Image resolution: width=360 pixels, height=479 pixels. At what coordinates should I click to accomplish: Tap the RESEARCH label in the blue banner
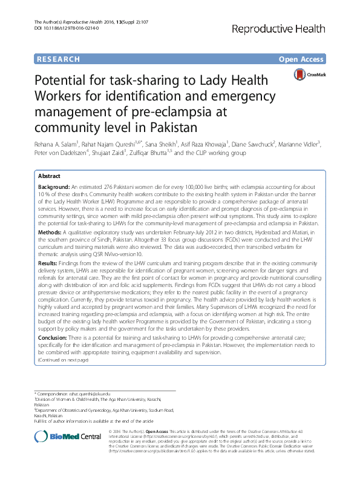point(58,59)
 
